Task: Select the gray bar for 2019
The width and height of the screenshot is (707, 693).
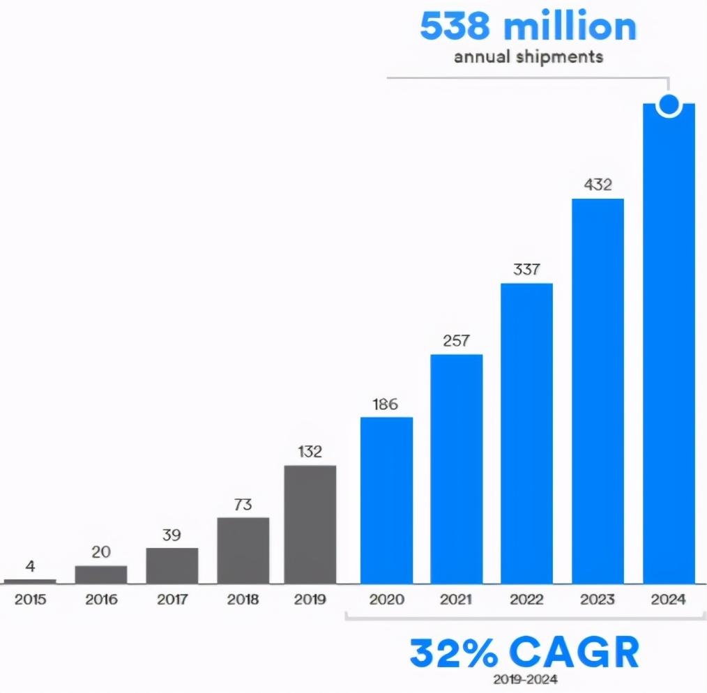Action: [x=310, y=524]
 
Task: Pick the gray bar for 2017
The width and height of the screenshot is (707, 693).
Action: [x=172, y=565]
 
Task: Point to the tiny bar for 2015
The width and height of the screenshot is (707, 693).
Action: [x=30, y=581]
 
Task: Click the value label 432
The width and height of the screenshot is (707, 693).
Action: [x=598, y=185]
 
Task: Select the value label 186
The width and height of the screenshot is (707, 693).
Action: [x=386, y=404]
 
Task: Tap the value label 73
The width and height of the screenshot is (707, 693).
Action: [x=243, y=504]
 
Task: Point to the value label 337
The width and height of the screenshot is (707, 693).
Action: [x=526, y=269]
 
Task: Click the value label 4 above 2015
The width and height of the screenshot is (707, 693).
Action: [x=30, y=566]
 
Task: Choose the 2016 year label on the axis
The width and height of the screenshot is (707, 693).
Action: [x=101, y=600]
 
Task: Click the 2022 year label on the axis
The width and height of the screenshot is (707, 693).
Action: [x=526, y=600]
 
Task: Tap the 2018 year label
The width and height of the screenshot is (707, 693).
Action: [x=243, y=600]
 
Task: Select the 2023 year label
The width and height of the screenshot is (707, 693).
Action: [x=598, y=600]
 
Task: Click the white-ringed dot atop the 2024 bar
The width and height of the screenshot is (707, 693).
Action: [x=669, y=105]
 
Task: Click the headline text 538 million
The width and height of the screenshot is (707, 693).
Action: [x=528, y=26]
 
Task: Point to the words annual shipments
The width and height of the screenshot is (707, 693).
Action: [x=528, y=57]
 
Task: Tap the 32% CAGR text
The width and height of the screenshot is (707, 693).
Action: [x=524, y=653]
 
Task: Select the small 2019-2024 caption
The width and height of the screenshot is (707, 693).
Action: [x=524, y=678]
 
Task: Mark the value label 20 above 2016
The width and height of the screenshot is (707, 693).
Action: [x=101, y=552]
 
